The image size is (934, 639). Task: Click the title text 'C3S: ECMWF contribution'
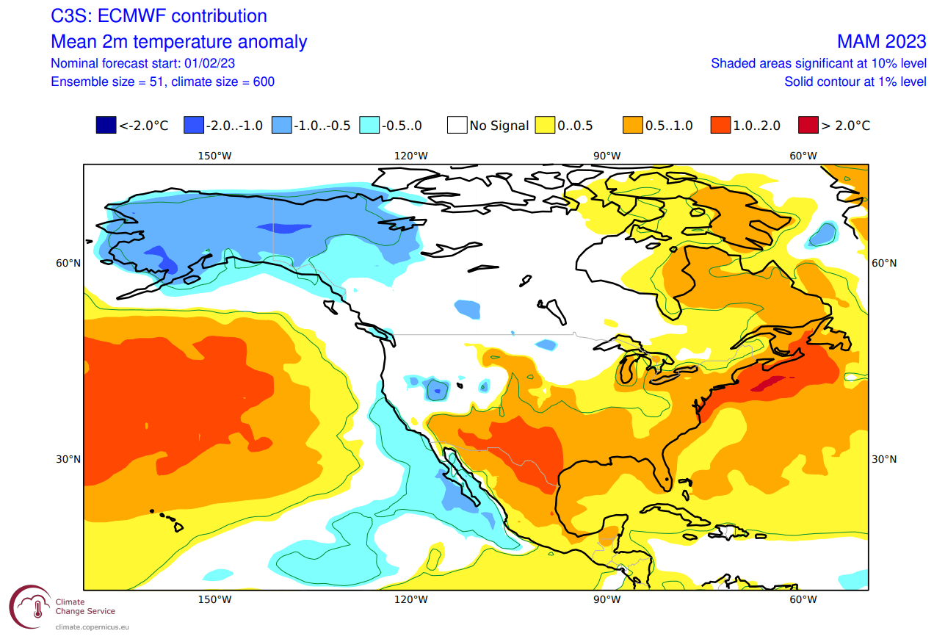(x=159, y=16)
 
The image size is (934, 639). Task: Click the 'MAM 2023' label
(x=881, y=41)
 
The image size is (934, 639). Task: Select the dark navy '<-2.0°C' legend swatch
(x=106, y=125)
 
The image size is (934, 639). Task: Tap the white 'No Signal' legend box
(x=457, y=125)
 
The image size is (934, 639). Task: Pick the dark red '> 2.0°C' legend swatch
(x=808, y=125)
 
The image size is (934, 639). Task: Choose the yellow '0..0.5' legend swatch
(x=545, y=125)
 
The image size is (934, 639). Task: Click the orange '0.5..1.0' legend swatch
(x=632, y=125)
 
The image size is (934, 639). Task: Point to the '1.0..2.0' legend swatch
(x=720, y=125)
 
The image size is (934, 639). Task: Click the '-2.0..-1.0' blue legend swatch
(x=194, y=125)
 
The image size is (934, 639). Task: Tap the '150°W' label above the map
(x=214, y=156)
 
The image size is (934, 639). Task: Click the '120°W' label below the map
(x=411, y=599)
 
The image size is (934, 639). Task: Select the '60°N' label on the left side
(x=68, y=263)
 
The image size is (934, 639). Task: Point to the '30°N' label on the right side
(x=884, y=459)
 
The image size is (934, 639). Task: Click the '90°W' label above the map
(x=607, y=156)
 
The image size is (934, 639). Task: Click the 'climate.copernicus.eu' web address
(x=92, y=627)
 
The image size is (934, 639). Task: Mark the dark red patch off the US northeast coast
(x=767, y=383)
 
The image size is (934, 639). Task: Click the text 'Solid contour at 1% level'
(x=855, y=82)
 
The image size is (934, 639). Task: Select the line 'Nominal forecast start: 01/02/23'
(x=142, y=63)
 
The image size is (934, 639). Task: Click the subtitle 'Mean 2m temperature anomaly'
(x=179, y=41)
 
